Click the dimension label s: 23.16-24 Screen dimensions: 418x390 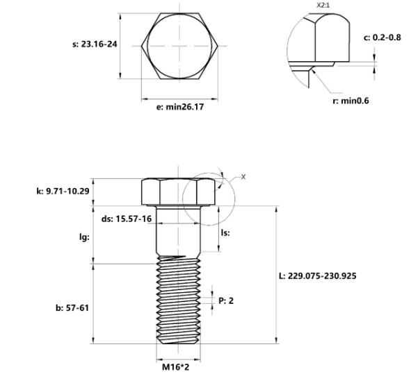point(95,44)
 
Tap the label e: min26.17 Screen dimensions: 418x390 point(180,107)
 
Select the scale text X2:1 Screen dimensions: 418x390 point(323,6)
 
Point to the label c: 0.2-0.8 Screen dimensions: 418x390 point(383,37)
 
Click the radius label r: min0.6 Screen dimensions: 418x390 point(351,101)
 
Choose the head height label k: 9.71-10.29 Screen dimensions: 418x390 point(63,191)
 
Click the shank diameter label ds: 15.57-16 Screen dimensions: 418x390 point(127,219)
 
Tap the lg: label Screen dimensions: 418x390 point(84,237)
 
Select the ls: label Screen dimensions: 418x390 point(225,232)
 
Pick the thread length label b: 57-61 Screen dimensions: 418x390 point(72,308)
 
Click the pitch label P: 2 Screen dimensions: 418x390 point(226,300)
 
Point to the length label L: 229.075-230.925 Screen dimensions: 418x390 point(317,276)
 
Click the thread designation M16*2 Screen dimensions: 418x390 point(176,367)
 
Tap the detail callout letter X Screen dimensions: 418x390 point(243,177)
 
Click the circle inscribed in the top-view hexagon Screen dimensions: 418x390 point(147,46)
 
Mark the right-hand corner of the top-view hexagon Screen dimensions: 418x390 point(218,46)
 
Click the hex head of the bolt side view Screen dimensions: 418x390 point(178,192)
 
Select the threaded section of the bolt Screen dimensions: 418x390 point(178,300)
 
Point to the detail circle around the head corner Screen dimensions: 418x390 point(182,199)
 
